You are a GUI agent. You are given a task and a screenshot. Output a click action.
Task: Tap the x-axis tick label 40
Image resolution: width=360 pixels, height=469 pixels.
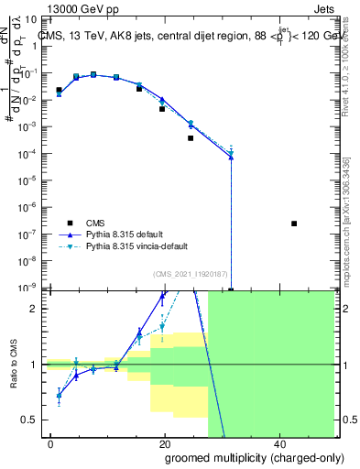point(278,444)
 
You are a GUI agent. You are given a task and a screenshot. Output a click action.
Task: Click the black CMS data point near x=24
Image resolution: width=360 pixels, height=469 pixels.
point(191,138)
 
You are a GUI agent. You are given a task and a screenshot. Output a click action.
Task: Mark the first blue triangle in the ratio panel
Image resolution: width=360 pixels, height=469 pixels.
point(60,395)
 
